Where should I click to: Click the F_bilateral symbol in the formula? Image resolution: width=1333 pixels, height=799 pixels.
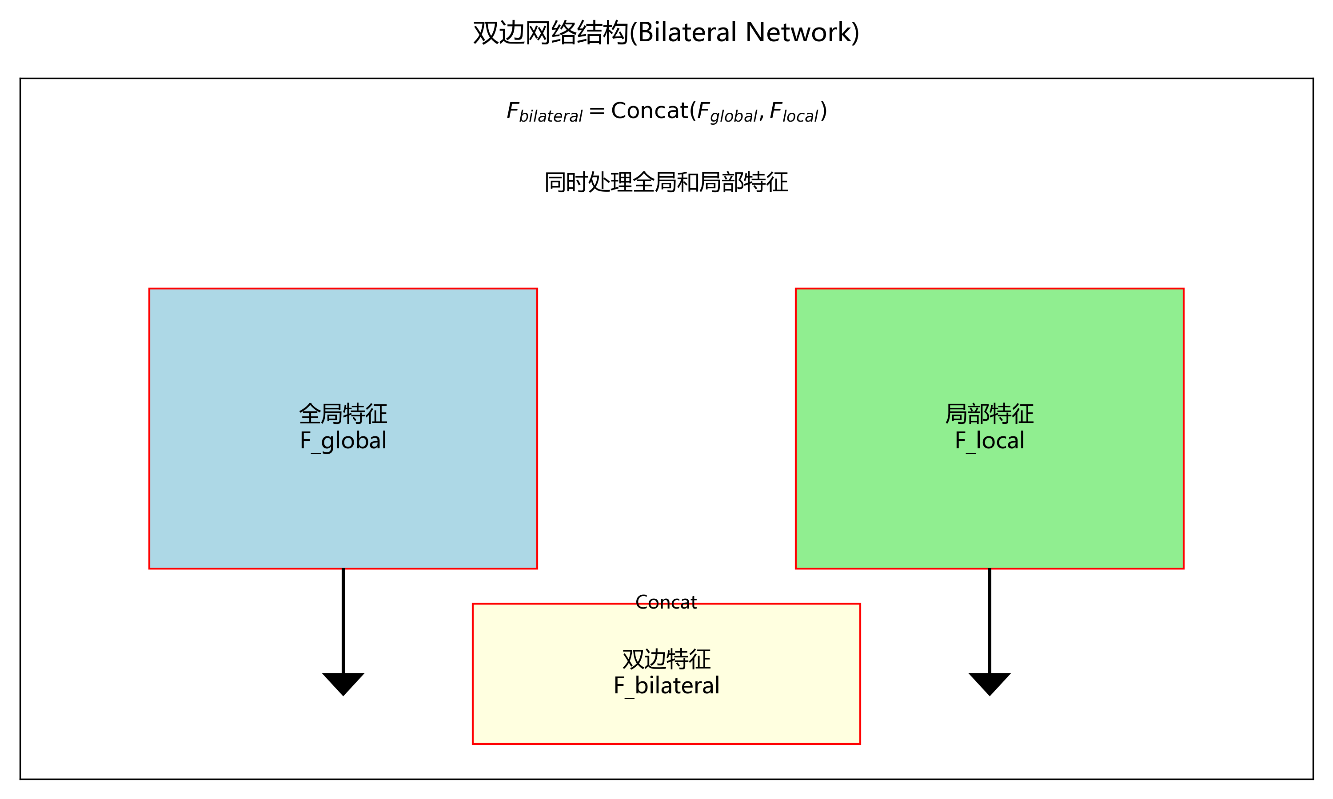point(544,112)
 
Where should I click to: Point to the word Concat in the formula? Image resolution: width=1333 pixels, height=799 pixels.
point(649,111)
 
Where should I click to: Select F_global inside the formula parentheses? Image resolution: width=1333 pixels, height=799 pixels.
point(727,112)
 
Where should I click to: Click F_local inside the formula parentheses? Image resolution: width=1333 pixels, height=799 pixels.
point(794,112)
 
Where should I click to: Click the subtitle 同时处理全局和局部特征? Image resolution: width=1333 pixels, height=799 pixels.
point(666,182)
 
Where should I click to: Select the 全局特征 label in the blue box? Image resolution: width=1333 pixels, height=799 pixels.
point(343,414)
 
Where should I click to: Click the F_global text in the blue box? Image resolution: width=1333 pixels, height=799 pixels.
point(343,440)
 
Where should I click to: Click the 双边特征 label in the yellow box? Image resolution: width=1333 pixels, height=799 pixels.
point(666,659)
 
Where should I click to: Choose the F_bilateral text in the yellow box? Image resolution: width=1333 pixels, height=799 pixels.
point(666,685)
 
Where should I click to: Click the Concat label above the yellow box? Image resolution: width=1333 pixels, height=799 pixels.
point(666,602)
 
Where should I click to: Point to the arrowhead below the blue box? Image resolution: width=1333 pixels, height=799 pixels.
point(343,683)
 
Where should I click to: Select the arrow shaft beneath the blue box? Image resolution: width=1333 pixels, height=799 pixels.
point(343,619)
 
